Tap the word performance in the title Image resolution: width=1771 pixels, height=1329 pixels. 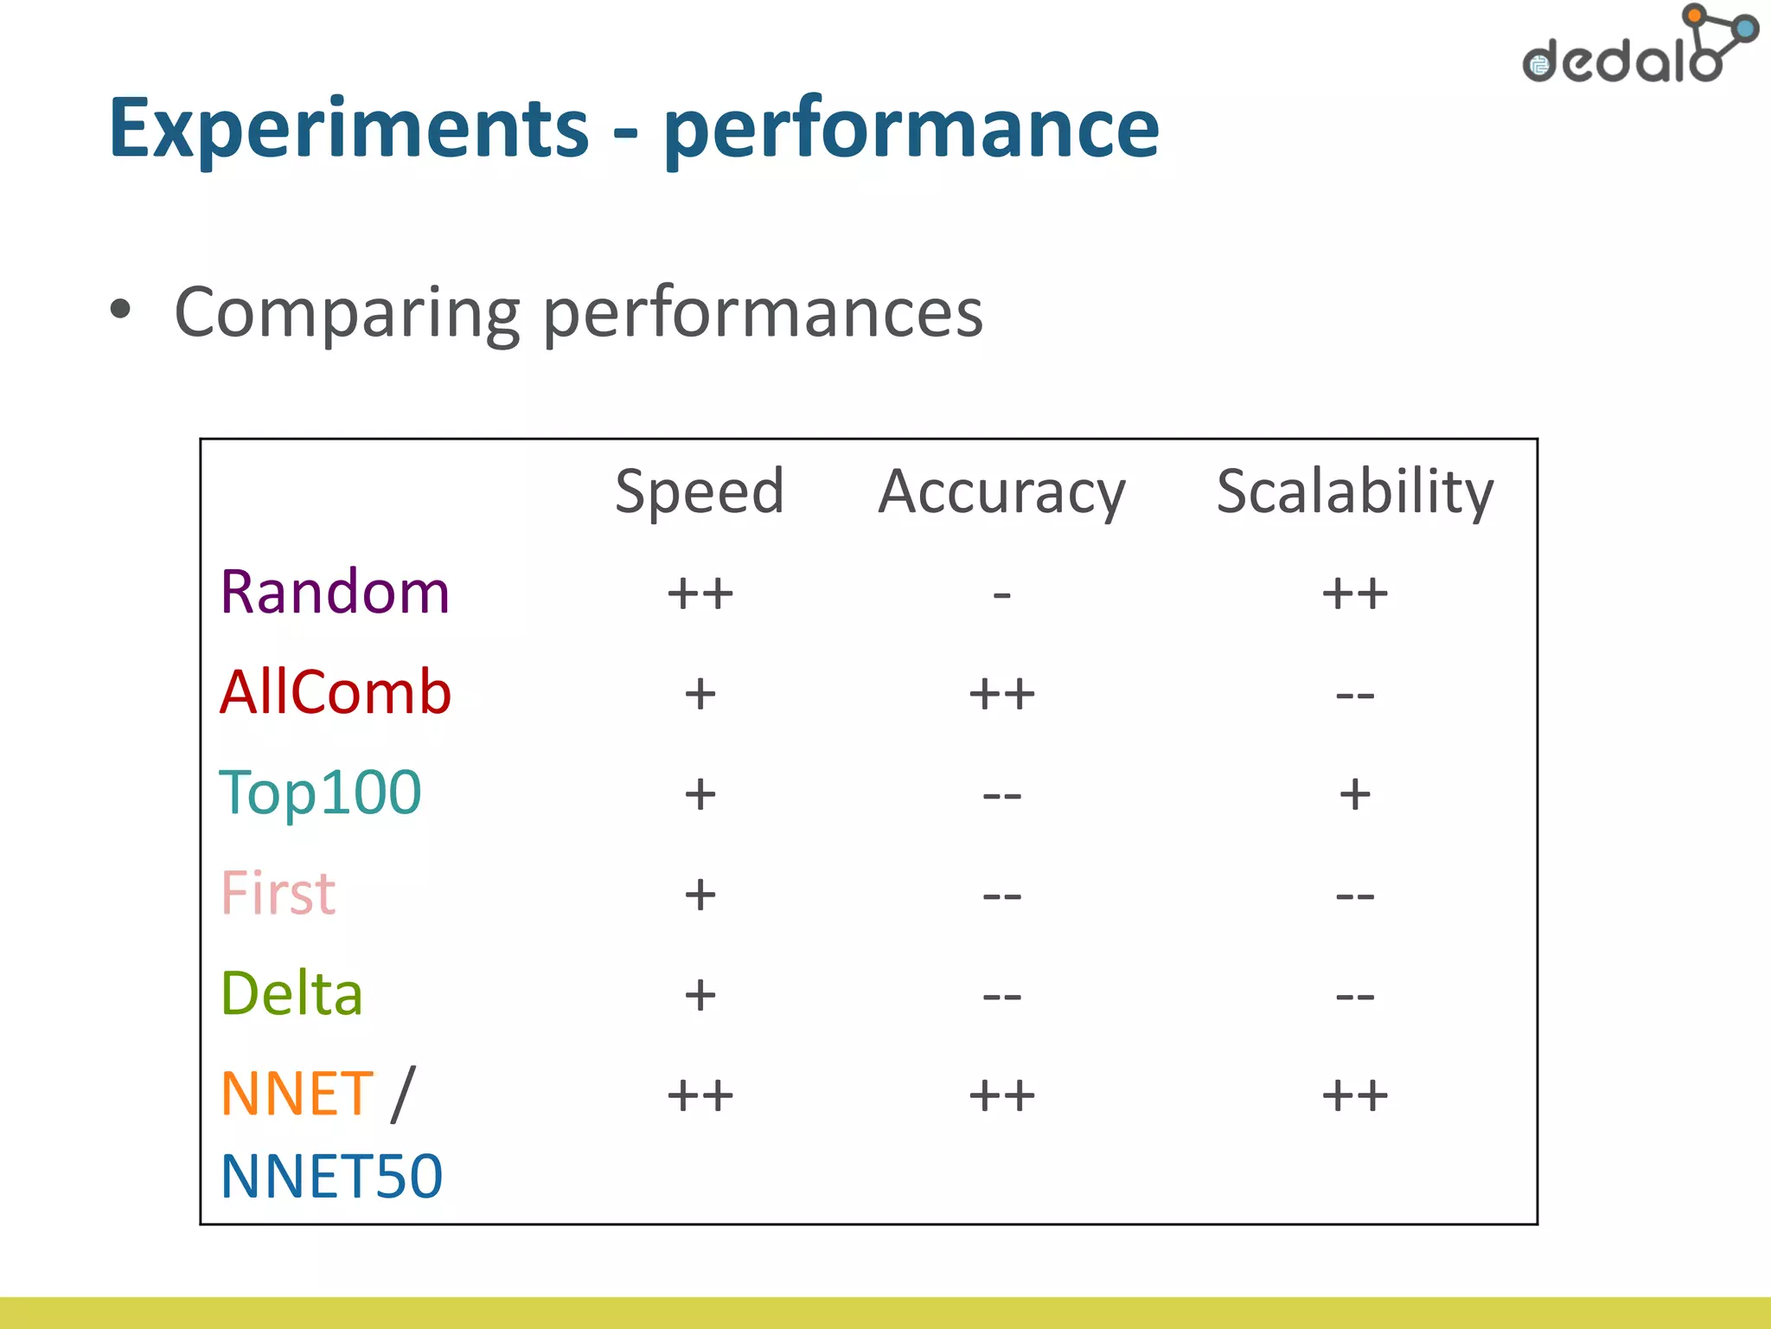point(911,130)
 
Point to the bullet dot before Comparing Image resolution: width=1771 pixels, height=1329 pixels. point(121,309)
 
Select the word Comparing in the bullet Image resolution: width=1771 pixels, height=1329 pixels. point(347,313)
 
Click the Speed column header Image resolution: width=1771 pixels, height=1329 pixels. point(699,491)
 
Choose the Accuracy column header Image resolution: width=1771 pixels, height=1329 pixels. point(1001,492)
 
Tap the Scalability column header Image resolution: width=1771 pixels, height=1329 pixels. point(1354,491)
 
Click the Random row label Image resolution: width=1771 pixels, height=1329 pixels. point(335,593)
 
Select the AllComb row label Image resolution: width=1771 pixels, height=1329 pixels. point(336,692)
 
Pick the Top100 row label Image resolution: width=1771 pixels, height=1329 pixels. point(320,793)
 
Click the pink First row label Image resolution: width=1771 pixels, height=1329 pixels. point(278,893)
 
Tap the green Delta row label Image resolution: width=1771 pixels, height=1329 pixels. point(291,993)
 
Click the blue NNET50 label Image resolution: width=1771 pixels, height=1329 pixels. point(331,1177)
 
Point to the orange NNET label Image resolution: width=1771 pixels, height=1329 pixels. point(297,1095)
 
